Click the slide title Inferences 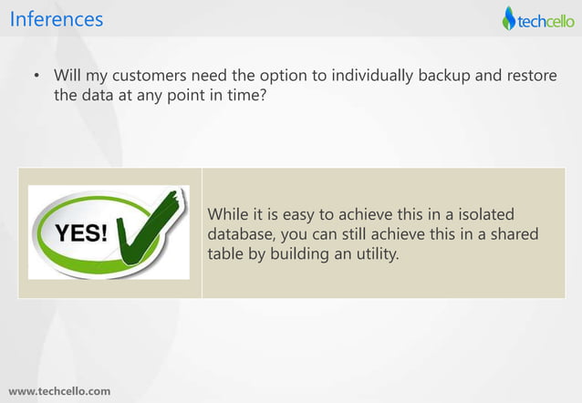[x=57, y=18]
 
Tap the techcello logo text [x=546, y=19]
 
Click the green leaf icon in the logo [x=509, y=18]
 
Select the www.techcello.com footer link [x=59, y=391]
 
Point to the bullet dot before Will [x=37, y=76]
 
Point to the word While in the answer [x=228, y=214]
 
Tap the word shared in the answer [x=514, y=234]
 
